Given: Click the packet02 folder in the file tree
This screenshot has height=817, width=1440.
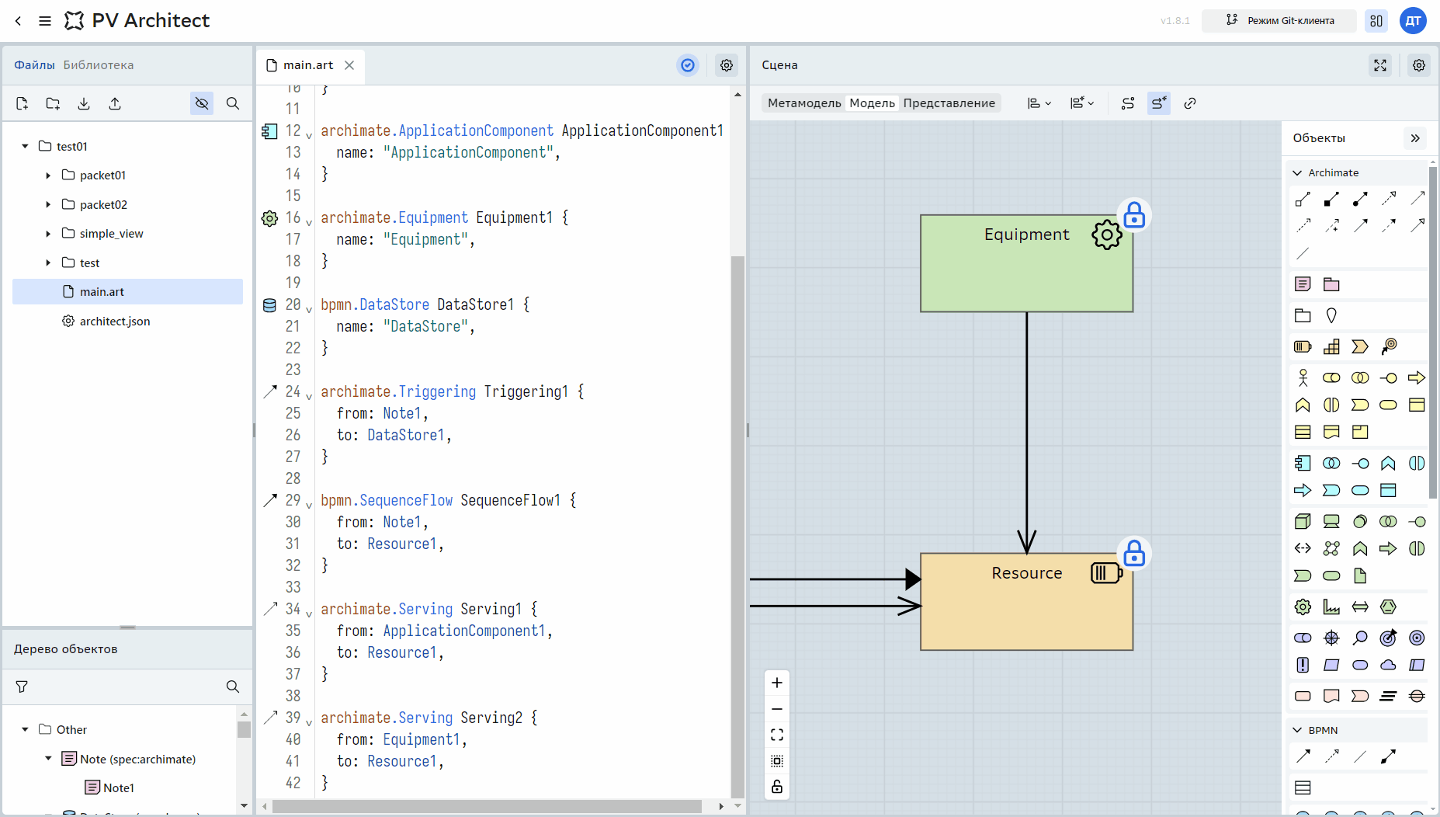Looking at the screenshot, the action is (x=103, y=204).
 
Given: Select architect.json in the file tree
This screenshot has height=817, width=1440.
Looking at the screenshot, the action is (x=114, y=321).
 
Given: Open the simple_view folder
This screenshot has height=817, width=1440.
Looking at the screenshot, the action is (x=111, y=233).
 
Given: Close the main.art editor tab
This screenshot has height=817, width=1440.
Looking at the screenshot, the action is (x=349, y=65).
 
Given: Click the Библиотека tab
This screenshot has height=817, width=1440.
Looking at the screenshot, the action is (x=99, y=65).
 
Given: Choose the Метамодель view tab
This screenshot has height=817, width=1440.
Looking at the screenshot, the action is (x=804, y=103).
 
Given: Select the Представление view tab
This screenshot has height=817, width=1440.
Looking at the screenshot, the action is (x=949, y=103).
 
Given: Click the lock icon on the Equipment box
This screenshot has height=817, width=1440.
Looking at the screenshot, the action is (x=1134, y=215).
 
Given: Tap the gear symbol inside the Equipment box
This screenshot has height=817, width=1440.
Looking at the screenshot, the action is (x=1107, y=235).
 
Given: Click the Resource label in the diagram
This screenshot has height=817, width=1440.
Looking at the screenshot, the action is (x=1026, y=573).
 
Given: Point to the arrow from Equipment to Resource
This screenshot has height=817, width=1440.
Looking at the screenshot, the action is (x=1027, y=433).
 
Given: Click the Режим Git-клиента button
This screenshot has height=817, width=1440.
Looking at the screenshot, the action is (x=1279, y=21).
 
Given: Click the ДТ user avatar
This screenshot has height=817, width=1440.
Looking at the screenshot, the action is (x=1413, y=21).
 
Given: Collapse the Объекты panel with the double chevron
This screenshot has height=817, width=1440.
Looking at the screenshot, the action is (x=1415, y=138).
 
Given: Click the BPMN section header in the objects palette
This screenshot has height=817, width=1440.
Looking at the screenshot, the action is (x=1323, y=730).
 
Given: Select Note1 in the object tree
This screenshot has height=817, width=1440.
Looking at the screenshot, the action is (x=118, y=787).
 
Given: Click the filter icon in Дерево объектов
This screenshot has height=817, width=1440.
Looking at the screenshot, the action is (x=22, y=687).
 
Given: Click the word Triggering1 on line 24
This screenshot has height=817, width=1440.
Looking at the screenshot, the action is (x=526, y=391).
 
